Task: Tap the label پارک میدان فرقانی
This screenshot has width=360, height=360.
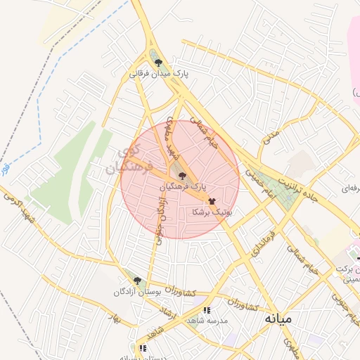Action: [160, 72]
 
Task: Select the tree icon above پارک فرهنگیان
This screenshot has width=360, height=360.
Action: [182, 176]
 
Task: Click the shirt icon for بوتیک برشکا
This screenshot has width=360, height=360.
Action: [212, 200]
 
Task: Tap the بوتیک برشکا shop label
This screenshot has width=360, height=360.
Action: [212, 211]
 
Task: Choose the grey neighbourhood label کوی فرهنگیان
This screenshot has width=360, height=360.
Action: [123, 161]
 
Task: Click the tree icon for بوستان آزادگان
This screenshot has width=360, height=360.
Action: [137, 281]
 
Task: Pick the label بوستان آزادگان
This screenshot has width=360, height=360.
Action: [139, 291]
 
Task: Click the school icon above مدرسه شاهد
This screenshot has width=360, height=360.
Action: [205, 309]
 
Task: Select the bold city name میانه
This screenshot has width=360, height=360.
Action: [278, 319]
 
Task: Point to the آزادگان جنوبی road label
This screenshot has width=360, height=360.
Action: [159, 219]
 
